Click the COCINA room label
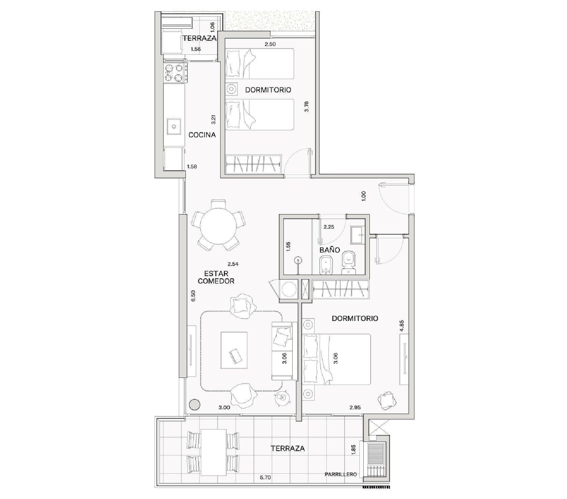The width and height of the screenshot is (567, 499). coord(202,135)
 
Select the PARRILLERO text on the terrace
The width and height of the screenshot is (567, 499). coord(341,474)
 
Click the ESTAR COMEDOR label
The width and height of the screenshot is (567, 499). coord(216,277)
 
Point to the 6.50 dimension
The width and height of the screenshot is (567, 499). coord(193,296)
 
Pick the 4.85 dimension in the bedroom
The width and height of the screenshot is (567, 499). coord(402,326)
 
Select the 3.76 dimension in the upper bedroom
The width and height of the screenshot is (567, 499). coord(306,107)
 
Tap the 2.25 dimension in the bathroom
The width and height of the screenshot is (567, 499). coord(329,227)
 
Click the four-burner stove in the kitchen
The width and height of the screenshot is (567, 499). coord(176,73)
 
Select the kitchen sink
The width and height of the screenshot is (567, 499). coord(174,126)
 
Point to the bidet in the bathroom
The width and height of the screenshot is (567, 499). coord(325,265)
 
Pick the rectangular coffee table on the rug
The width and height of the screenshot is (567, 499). coord(234,350)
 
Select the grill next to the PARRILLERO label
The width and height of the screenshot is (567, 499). coord(375,460)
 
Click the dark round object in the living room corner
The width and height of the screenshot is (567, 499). coord(194,404)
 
